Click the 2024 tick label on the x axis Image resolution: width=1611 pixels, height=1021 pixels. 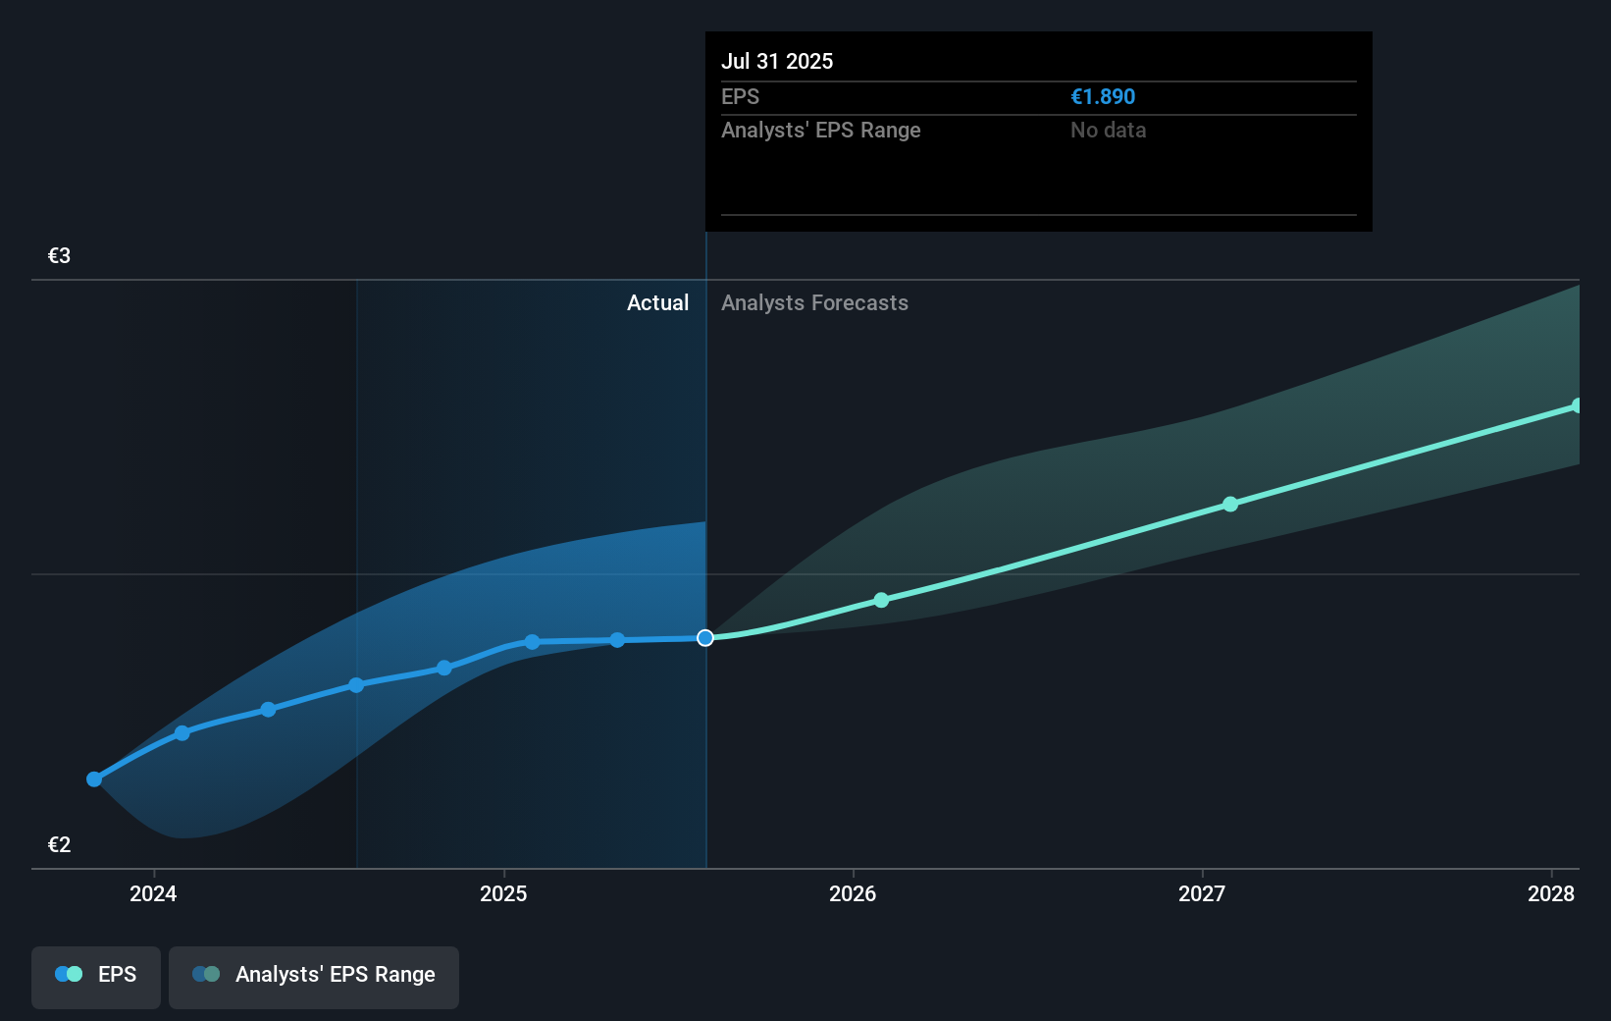coord(153,893)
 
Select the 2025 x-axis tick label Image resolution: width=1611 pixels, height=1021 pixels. coord(503,893)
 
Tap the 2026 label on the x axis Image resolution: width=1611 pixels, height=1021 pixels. coord(853,893)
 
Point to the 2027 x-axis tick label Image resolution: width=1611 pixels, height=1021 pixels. coord(1202,893)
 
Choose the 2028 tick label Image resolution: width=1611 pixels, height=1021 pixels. coord(1550,893)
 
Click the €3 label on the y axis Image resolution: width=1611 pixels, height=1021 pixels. coord(60,256)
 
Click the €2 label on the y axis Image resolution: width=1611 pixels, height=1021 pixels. coord(60,845)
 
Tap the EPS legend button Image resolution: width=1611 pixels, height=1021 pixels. coord(96,975)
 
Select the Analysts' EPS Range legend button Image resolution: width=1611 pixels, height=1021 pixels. coord(314,975)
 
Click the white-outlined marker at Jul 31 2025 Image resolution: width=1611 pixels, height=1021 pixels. coord(705,638)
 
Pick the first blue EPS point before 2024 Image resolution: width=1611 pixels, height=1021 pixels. coord(94,779)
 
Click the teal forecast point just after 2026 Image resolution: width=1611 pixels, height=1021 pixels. coord(881,600)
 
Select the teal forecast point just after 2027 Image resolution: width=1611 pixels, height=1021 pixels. coord(1230,505)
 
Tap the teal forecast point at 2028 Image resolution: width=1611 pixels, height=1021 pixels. coord(1577,405)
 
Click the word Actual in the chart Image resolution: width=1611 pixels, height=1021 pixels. coord(657,303)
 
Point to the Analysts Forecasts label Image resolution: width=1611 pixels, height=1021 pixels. coord(814,303)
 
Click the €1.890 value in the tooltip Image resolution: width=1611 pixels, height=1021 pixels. coord(1103,97)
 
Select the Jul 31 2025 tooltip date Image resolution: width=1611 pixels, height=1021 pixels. coord(777,62)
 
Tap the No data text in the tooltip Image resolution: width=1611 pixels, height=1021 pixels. coord(1108,131)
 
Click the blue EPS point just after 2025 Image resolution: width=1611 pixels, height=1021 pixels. coord(532,642)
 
